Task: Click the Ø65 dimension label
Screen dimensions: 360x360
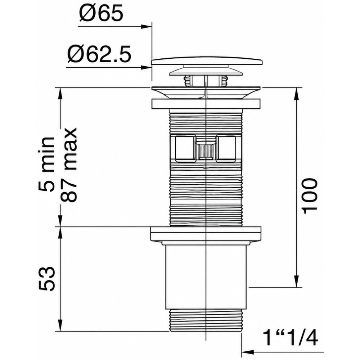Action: pos(101,13)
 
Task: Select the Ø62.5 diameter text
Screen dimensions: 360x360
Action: pos(99,54)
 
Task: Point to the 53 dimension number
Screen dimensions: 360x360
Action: pos(47,279)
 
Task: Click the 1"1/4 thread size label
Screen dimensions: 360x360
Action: pos(290,338)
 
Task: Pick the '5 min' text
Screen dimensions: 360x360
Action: pos(47,164)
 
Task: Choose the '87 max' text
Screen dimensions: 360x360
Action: pos(68,165)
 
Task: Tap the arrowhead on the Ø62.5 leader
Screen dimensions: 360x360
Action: pos(146,68)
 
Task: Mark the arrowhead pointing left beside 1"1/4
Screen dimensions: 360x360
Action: pos(247,352)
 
